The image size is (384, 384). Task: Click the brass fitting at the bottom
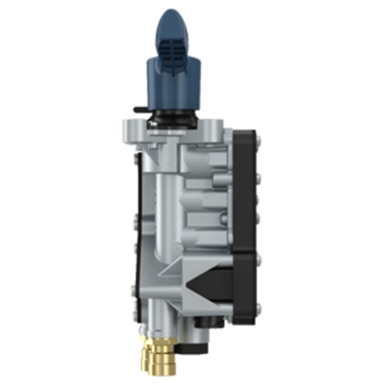tap(156, 355)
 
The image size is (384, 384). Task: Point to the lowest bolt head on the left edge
tap(133, 313)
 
